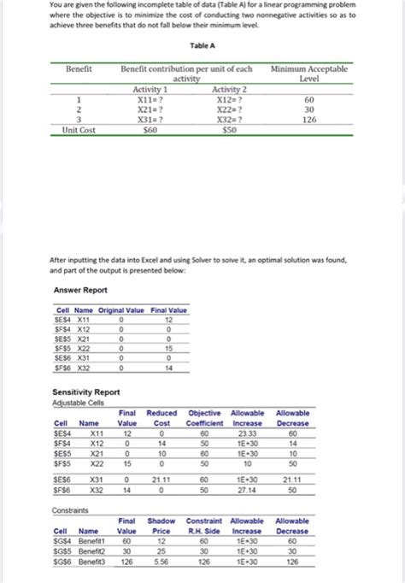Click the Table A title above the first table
[202, 49]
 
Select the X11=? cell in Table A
[150, 99]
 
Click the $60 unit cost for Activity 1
[150, 130]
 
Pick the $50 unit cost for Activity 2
[228, 130]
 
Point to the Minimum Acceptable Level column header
[308, 73]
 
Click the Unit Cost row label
[86, 130]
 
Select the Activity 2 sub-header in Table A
[228, 89]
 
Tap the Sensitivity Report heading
[86, 393]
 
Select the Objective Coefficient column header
[204, 418]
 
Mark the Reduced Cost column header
[161, 418]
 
